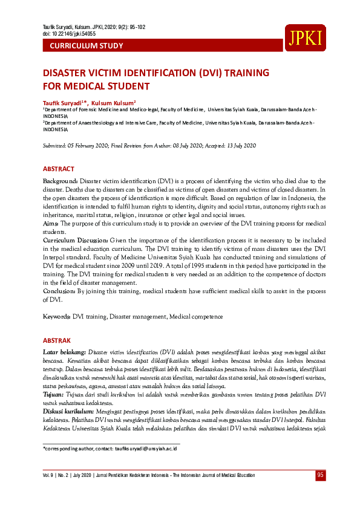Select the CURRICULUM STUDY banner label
coord(86,46)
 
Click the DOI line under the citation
coord(69,34)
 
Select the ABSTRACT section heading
coord(59,169)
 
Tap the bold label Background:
coord(61,181)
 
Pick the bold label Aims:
coord(50,224)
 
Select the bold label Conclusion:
coord(59,291)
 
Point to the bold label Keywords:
coord(57,317)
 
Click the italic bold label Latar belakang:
coord(65,352)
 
